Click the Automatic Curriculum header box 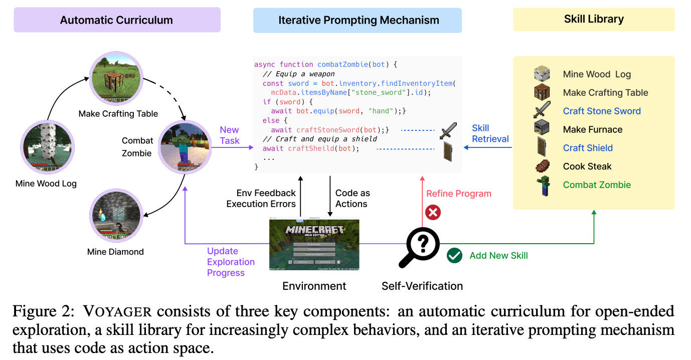coord(116,21)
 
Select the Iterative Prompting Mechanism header coord(358,21)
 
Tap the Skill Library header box coord(593,19)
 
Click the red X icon coord(432,213)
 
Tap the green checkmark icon coord(454,255)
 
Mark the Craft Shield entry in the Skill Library coord(588,148)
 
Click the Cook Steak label coord(587,166)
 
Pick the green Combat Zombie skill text coord(597,185)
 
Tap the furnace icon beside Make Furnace coord(542,128)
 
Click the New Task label coord(230,135)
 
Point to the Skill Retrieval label coord(490,133)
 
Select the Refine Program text coord(458,194)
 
